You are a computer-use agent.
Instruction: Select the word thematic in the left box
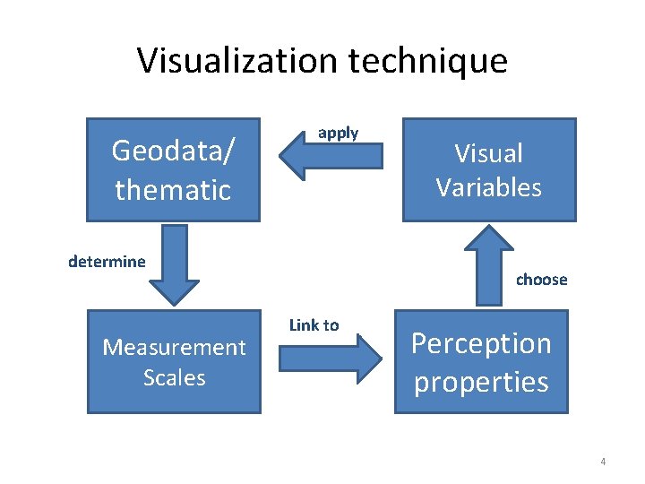pos(173,189)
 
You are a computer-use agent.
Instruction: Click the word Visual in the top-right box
pos(488,153)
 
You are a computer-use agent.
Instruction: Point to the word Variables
pos(488,187)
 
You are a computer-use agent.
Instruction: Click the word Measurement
pos(174,347)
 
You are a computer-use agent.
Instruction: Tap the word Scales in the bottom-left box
pos(174,377)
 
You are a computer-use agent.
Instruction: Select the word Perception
pos(481,343)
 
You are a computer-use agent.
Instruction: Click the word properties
pos(481,382)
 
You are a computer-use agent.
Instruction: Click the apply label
pos(338,133)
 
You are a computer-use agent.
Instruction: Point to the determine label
pos(107,262)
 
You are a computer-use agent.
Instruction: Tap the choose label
pos(541,280)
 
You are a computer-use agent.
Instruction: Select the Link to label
pos(314,324)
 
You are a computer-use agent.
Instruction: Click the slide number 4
pos(603,462)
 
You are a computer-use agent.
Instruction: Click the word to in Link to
pos(331,324)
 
